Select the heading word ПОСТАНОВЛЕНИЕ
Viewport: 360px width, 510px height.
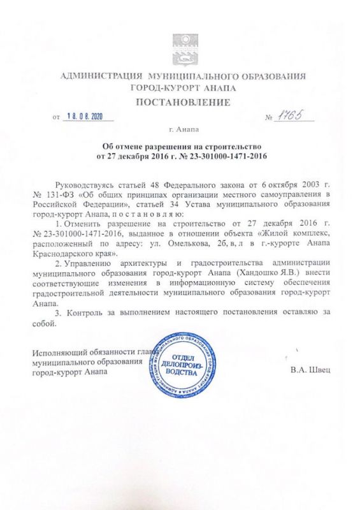click(x=180, y=102)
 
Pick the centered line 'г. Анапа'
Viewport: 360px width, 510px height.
click(x=180, y=129)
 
